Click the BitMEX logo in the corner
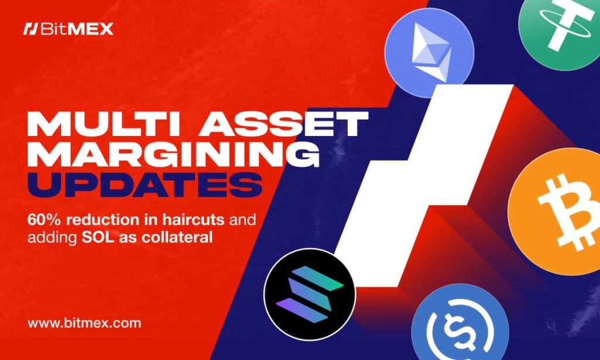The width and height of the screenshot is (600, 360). click(69, 29)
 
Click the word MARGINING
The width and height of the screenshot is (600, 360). click(173, 154)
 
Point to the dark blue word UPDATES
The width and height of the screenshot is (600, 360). click(145, 185)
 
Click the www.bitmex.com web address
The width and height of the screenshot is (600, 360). click(84, 323)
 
